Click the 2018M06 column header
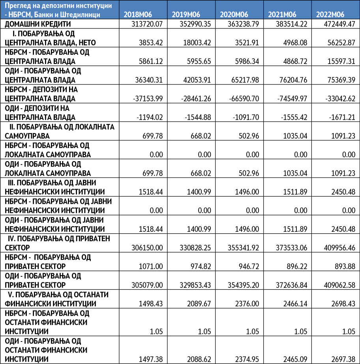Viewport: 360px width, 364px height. (x=137, y=15)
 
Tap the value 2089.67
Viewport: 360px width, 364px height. (x=198, y=304)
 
